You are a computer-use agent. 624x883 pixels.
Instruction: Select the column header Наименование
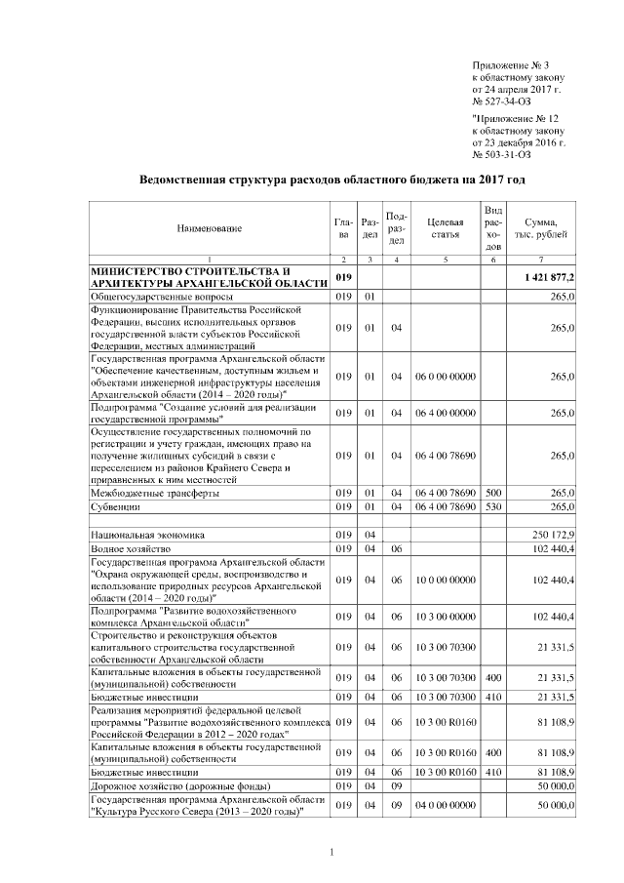209,228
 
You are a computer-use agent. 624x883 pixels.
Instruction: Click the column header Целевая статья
444,228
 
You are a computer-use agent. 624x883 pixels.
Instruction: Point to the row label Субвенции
115,507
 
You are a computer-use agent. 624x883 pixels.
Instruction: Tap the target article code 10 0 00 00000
444,581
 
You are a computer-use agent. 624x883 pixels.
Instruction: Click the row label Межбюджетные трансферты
154,493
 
